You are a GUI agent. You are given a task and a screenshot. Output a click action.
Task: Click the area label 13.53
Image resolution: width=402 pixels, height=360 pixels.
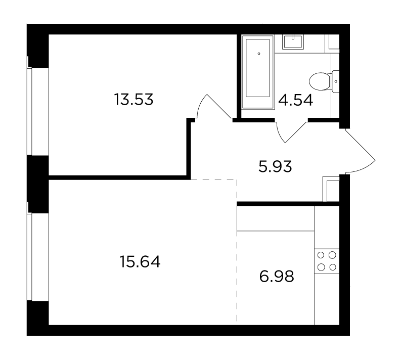133,100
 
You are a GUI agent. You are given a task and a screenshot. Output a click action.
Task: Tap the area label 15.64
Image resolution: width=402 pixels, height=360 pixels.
140,262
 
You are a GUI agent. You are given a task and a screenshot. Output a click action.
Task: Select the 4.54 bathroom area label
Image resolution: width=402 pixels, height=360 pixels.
296,100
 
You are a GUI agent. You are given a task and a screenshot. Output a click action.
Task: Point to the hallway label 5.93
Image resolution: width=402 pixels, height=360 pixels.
275,167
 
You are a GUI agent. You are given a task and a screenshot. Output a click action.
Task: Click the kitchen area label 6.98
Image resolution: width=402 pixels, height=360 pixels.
277,277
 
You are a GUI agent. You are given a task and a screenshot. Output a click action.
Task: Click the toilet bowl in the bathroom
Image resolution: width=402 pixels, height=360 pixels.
320,81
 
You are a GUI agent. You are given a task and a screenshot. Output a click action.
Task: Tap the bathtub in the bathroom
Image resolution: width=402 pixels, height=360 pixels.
258,71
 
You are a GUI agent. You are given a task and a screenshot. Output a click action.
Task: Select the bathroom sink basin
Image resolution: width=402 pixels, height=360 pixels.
293,42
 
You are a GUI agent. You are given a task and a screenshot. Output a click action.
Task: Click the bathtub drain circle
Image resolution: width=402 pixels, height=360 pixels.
259,54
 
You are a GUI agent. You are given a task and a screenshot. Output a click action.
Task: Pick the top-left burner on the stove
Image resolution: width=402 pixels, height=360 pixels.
321,255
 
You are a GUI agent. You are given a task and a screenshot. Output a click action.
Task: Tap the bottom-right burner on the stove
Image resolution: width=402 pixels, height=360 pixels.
333,267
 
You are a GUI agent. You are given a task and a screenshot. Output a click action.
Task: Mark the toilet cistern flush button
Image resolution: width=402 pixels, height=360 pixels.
336,81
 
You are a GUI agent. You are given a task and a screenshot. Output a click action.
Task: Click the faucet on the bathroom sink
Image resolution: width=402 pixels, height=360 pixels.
293,37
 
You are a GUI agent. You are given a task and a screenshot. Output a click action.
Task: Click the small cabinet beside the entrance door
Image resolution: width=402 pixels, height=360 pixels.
331,189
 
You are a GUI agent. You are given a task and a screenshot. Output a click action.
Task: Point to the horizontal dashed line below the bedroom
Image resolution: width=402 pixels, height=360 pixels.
214,179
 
